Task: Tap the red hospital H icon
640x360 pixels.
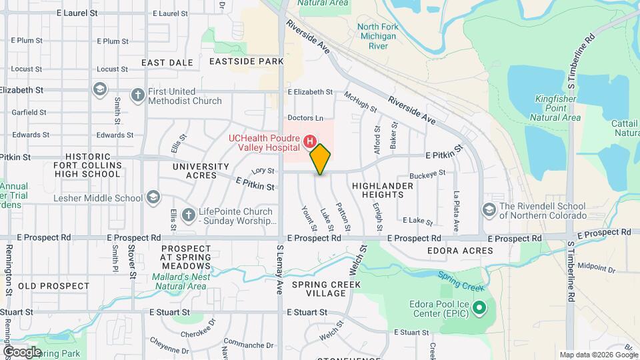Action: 309,141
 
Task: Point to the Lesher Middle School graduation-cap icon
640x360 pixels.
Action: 154,197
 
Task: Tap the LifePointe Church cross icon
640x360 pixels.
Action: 188,215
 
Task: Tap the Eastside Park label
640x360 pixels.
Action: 237,61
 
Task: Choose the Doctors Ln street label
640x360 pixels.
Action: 305,118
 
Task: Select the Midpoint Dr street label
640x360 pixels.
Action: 597,267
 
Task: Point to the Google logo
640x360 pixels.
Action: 22,352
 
